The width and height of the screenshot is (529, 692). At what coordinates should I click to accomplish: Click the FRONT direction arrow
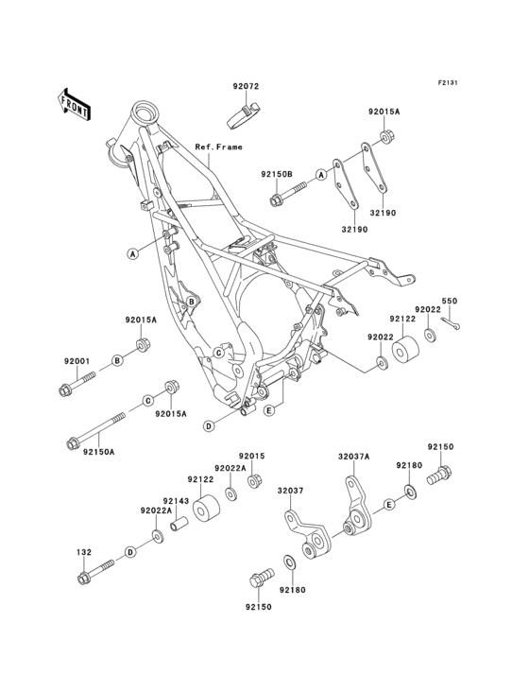pos(74,104)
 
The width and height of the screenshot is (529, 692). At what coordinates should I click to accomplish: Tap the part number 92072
pos(246,87)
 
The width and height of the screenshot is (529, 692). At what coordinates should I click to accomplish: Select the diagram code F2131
pos(447,82)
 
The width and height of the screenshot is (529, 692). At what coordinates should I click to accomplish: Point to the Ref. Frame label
pos(218,147)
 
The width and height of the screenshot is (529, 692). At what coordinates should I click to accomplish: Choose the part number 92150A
pos(99,452)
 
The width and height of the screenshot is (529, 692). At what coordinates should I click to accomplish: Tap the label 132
pos(84,552)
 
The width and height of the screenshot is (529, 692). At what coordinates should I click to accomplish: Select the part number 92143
pos(176,501)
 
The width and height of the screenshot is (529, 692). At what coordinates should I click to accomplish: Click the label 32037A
pos(354,458)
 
